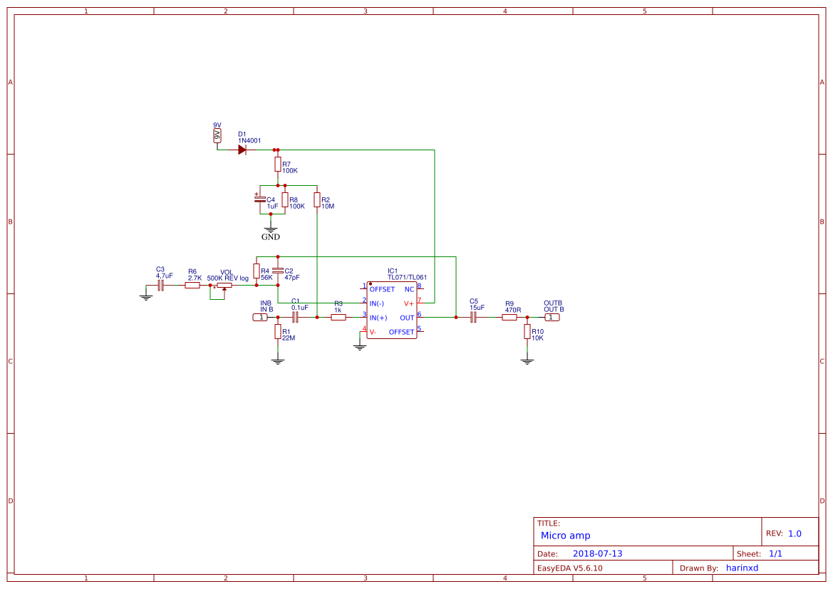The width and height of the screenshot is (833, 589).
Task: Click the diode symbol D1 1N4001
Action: point(242,150)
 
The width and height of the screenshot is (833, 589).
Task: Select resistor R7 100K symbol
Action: point(278,165)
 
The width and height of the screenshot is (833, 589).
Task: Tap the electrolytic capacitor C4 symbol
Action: point(261,199)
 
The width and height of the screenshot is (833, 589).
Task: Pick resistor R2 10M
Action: point(317,200)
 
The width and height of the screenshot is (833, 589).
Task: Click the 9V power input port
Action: point(217,135)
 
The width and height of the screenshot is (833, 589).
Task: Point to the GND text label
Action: point(271,237)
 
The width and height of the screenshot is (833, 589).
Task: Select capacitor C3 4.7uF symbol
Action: point(161,286)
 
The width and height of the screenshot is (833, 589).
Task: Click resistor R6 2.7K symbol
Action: point(192,286)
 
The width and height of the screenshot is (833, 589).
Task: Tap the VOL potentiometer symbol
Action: point(224,286)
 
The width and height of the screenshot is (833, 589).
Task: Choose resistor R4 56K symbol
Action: point(257,271)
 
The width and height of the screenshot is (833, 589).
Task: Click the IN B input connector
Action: point(260,318)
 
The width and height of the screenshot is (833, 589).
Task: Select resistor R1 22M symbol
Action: point(278,332)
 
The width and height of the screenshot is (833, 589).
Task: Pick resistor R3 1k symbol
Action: point(338,318)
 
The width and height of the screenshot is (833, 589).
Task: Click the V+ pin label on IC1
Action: point(409,303)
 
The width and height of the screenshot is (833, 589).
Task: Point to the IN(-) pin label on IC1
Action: point(378,303)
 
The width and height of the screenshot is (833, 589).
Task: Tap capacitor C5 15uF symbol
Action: point(472,318)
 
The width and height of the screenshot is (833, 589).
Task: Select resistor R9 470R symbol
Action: point(509,318)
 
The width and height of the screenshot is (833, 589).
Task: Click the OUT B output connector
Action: point(552,318)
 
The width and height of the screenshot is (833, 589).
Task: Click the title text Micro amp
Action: point(565,536)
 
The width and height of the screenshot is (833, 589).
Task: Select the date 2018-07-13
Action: point(597,553)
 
